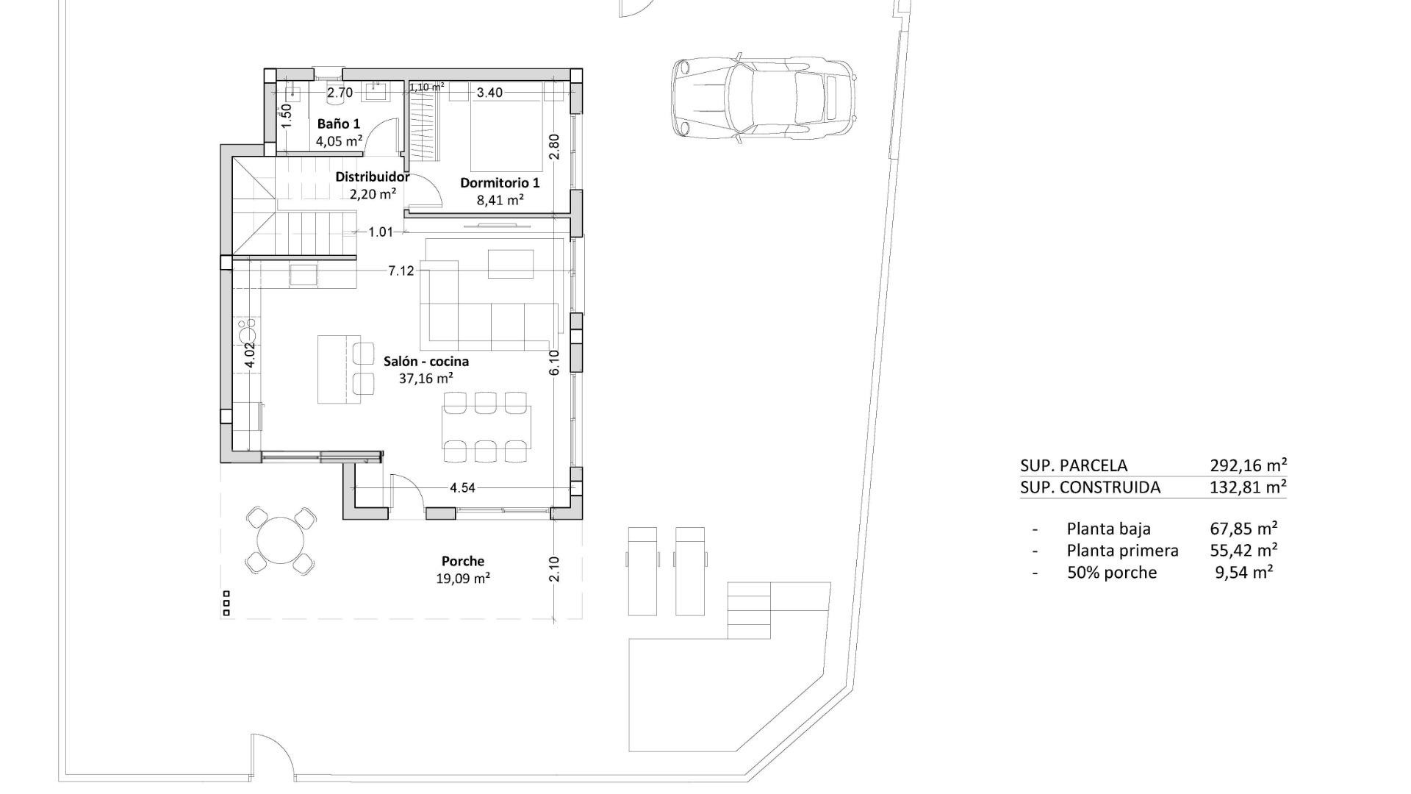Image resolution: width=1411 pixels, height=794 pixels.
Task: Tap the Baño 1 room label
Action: coord(339,124)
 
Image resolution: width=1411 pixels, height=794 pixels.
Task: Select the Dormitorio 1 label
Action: coord(500,182)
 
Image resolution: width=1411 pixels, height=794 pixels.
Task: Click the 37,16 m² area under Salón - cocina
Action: coord(426,379)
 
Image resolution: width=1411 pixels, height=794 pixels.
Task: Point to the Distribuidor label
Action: coord(372,176)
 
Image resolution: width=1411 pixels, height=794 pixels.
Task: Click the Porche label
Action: coord(463,561)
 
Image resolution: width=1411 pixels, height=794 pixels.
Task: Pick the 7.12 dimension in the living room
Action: coord(401,271)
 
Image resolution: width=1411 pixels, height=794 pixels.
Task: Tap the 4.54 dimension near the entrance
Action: coord(462,487)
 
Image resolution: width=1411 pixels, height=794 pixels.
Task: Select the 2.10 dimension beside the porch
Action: coord(554,569)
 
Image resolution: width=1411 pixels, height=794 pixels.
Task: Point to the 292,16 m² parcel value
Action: coord(1248,465)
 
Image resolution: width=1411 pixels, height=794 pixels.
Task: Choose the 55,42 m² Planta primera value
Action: coord(1243,550)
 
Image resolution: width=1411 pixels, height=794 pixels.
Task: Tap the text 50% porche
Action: coord(1111,572)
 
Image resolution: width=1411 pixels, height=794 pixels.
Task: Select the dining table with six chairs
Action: coord(486,427)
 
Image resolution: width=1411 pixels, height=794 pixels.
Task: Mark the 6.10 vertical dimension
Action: coord(554,362)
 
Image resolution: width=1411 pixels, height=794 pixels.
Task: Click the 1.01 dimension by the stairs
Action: coord(381,232)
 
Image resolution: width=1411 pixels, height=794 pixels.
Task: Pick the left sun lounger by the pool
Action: coord(642,571)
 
